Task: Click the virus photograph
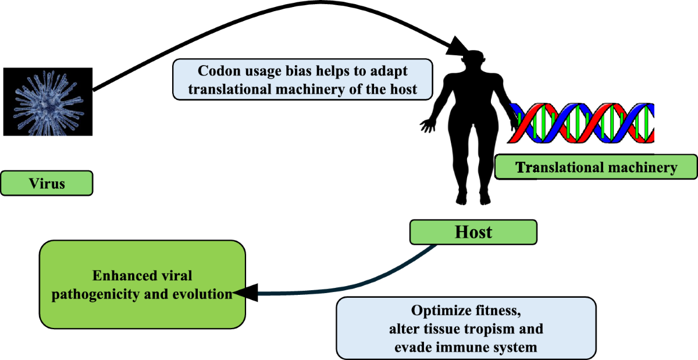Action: (47, 102)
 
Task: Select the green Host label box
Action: (473, 233)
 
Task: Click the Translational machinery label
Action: (596, 168)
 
